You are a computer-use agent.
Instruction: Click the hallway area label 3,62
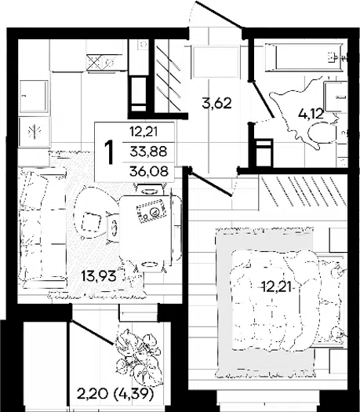point(217,103)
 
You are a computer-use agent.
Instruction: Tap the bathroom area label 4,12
point(311,114)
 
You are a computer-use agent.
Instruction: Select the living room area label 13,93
point(99,276)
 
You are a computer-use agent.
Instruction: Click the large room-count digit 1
point(109,152)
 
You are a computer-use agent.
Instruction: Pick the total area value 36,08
point(149,172)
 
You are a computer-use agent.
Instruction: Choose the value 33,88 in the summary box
point(148,151)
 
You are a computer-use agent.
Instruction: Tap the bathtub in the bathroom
point(304,57)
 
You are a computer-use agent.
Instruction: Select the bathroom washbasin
point(336,97)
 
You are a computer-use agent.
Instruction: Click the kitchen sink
point(34,97)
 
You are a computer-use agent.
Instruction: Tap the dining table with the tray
point(145,228)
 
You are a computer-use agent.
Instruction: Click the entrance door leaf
point(219,14)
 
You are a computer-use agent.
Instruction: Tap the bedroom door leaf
point(210,183)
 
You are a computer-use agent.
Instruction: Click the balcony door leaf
point(93,332)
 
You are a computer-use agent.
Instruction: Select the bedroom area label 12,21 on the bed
point(278,287)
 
